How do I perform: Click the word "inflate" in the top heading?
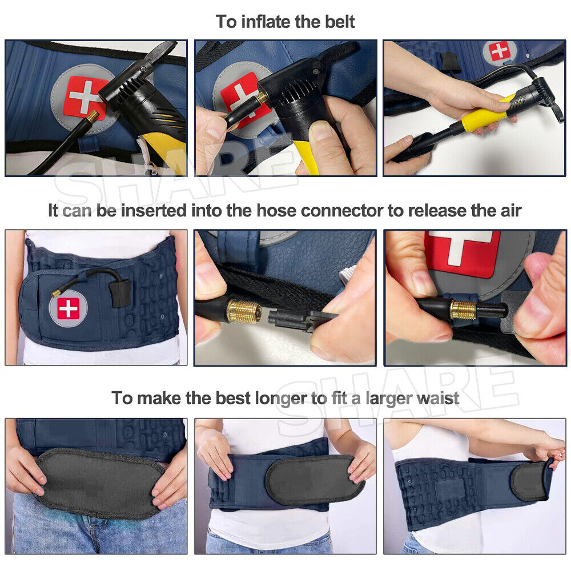266,22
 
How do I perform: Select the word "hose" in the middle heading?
276,211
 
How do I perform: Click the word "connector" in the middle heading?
341,211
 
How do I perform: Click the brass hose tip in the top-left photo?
92,116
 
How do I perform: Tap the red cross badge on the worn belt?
68,308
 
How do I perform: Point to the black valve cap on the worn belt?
118,293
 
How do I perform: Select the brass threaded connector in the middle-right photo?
463,309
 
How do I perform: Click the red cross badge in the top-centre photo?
243,95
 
